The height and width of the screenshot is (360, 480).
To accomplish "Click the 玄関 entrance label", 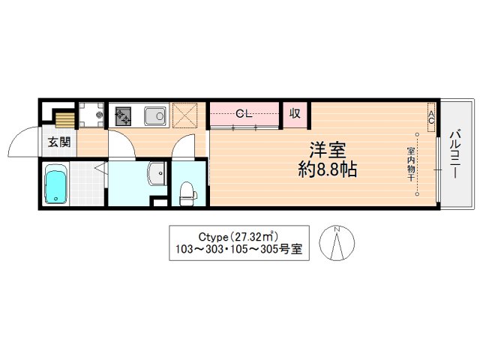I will point(59,142).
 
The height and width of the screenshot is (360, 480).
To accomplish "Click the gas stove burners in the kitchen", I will point(122,116).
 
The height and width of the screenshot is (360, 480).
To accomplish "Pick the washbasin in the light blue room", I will point(158,173).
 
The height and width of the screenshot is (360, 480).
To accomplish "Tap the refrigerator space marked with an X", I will point(184,115).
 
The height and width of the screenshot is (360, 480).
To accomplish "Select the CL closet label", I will point(243,114).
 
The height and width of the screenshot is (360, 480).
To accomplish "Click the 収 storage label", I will point(295,114).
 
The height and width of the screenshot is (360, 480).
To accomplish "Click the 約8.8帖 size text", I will point(325,170).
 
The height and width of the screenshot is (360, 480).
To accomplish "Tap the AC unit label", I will point(431,117).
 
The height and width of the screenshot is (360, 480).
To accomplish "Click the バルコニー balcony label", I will point(455,154).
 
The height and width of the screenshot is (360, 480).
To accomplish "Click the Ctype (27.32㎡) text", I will point(238,234).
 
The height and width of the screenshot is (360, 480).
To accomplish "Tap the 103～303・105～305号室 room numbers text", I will point(238,250).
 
